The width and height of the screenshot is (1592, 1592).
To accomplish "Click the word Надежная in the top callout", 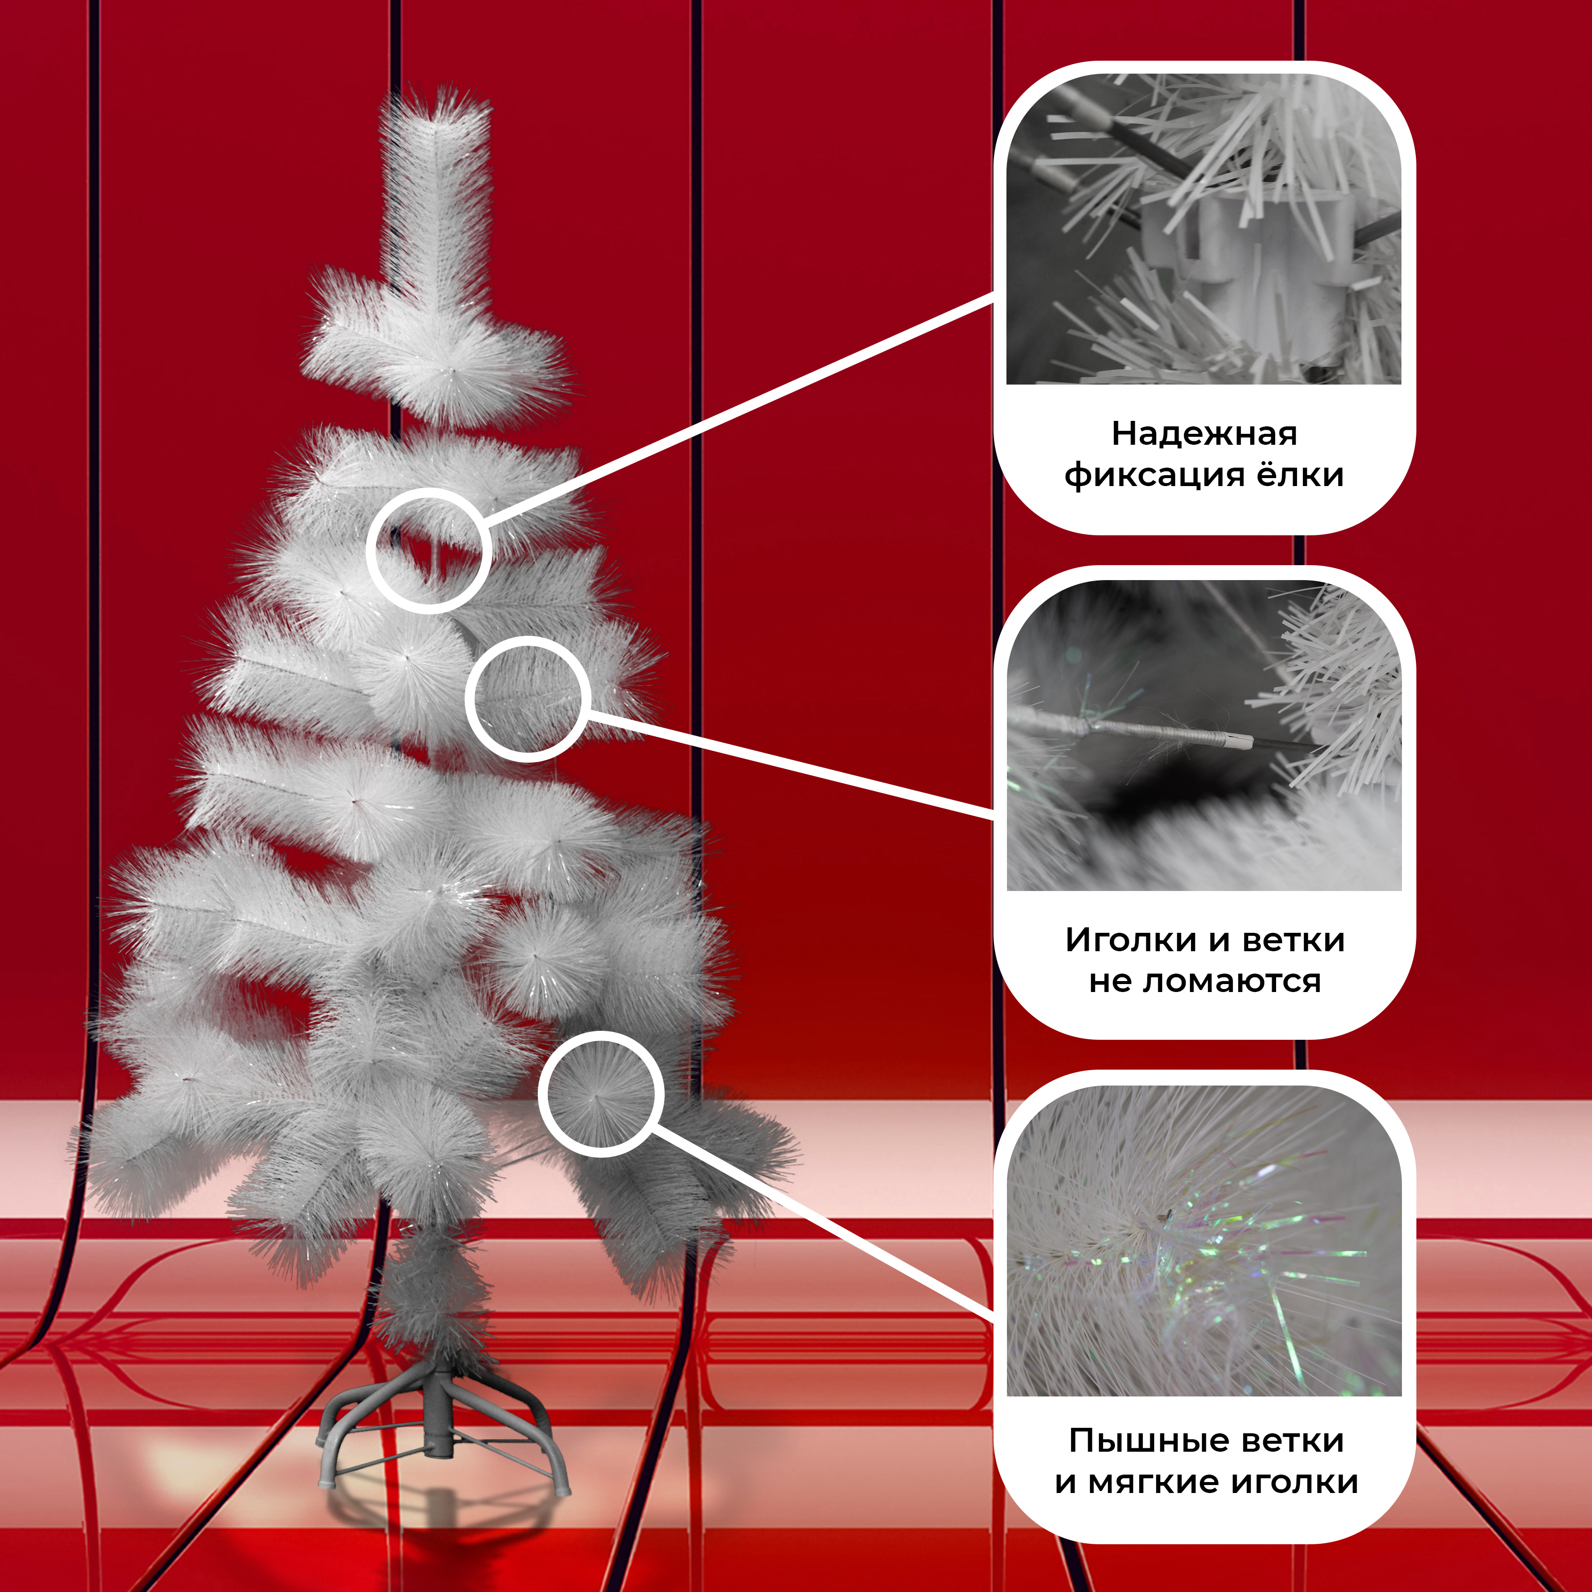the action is (x=1204, y=433).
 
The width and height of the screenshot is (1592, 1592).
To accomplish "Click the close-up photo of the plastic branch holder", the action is (x=1204, y=228).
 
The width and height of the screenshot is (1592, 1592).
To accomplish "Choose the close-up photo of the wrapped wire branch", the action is (x=1204, y=735).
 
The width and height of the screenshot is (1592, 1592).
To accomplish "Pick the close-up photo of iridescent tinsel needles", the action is (x=1204, y=1241).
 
